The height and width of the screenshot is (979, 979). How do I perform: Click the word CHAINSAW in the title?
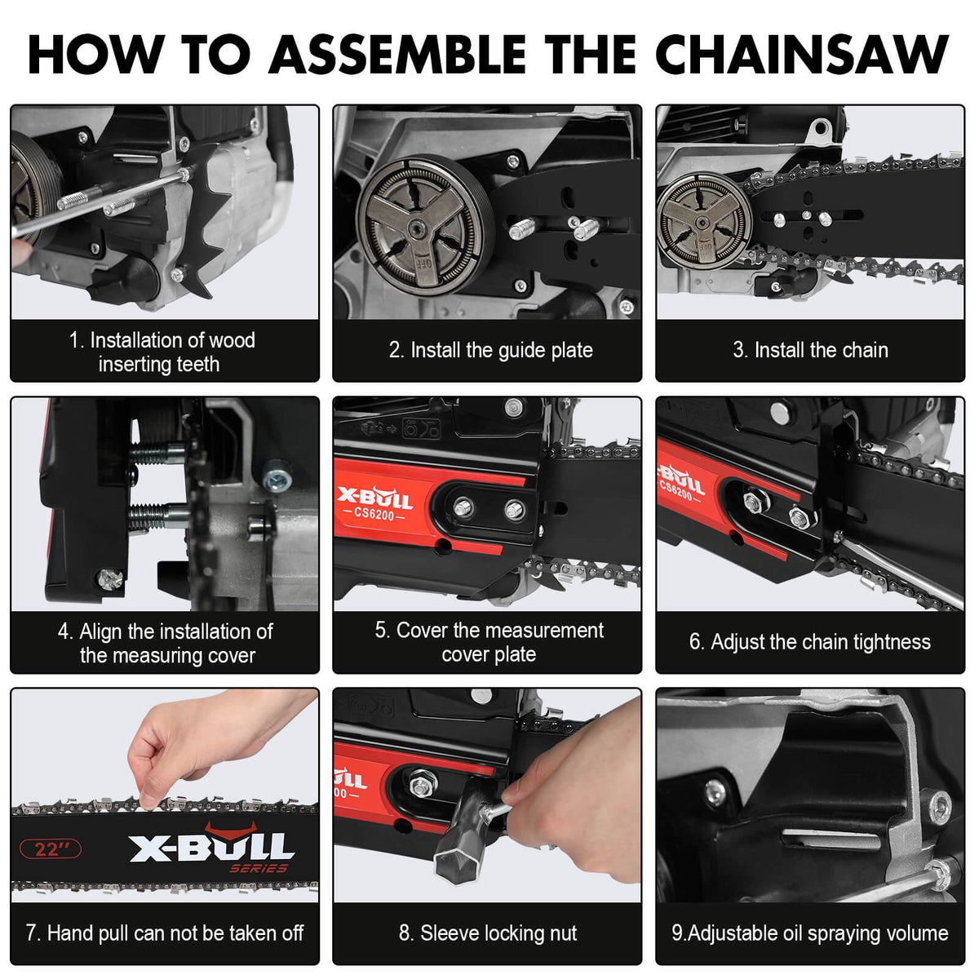pos(802,55)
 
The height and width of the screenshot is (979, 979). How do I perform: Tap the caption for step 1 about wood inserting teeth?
pos(162,352)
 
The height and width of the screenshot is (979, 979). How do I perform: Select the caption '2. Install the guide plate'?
pos(490,350)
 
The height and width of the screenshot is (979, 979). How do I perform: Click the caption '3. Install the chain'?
pos(810,350)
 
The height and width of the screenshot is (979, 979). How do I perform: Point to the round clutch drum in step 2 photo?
pos(425,222)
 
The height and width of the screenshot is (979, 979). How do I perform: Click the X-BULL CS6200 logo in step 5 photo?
pos(376,503)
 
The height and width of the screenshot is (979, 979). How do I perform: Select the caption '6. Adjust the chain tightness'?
pos(809,642)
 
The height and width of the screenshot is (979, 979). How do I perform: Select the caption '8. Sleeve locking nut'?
pos(488,933)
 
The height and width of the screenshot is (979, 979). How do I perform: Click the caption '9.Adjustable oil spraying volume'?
pos(809,933)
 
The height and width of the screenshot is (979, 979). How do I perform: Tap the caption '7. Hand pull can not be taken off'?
pos(165,933)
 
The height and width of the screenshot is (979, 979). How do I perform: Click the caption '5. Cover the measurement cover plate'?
pos(489,642)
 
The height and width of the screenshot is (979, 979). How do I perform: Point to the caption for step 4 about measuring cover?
pos(166,643)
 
